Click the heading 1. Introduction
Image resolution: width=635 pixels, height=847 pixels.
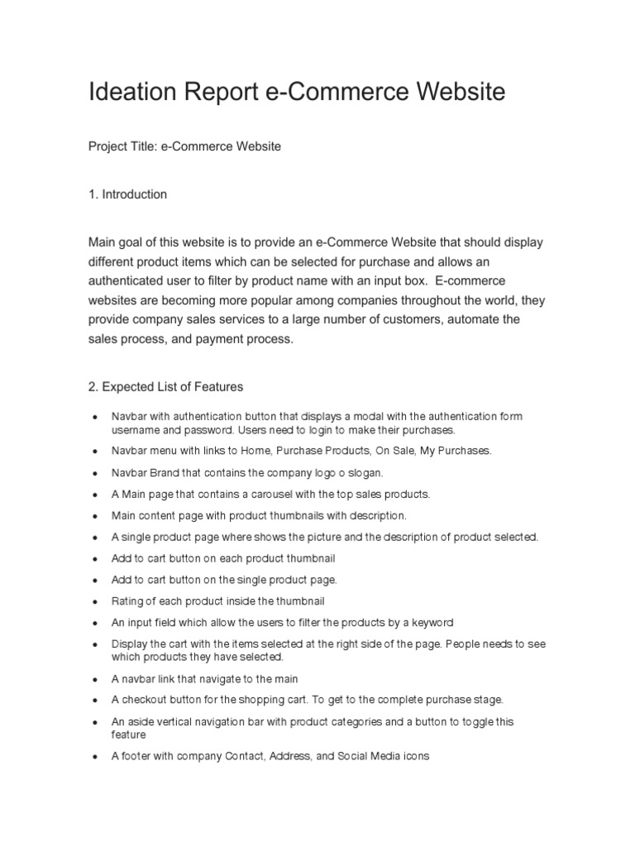127,194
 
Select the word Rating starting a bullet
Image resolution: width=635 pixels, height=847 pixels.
128,601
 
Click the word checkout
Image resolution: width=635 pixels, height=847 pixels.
146,700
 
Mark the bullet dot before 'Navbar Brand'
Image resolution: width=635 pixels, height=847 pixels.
97,473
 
